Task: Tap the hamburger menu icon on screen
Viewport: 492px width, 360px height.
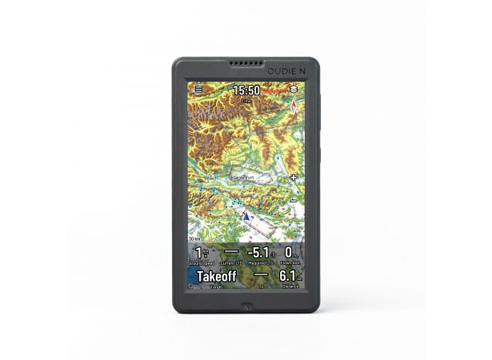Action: pyautogui.click(x=198, y=90)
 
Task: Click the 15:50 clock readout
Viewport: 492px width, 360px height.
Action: pyautogui.click(x=246, y=90)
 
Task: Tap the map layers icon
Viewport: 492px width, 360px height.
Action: pyautogui.click(x=294, y=90)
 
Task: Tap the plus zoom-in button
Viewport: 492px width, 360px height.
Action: pyautogui.click(x=294, y=177)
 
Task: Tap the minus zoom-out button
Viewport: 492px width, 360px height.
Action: pyautogui.click(x=294, y=200)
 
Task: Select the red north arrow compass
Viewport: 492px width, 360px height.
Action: pyautogui.click(x=294, y=110)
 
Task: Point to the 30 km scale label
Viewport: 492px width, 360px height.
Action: pyautogui.click(x=194, y=238)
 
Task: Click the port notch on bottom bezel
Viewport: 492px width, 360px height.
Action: pyautogui.click(x=246, y=305)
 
